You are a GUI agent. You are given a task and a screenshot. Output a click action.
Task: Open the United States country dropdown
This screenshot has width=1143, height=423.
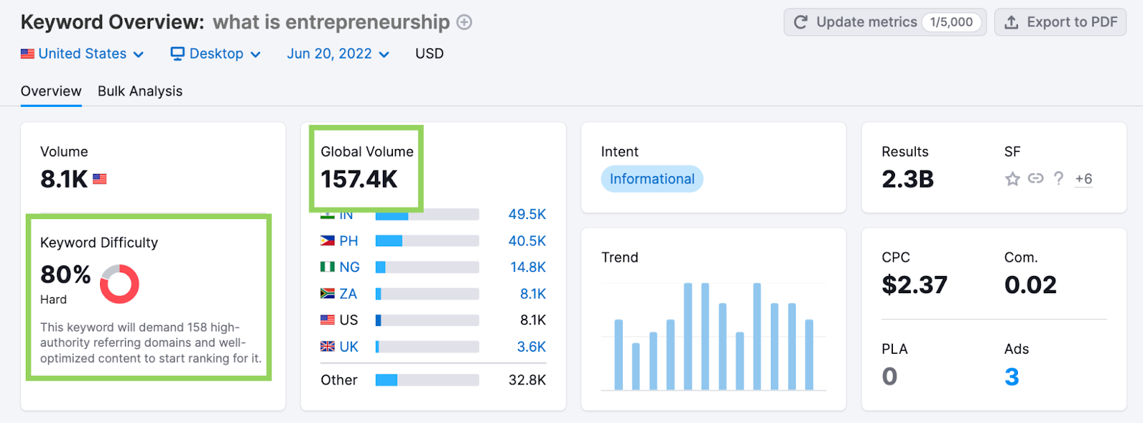point(82,53)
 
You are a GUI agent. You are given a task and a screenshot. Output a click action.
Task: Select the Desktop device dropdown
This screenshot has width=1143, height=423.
point(216,53)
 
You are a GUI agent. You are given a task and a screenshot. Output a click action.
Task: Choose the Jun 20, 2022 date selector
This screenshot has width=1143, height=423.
point(338,53)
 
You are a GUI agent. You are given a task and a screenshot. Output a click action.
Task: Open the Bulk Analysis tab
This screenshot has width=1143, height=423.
point(140,91)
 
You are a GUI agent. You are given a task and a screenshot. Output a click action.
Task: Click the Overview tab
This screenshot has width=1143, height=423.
point(51,91)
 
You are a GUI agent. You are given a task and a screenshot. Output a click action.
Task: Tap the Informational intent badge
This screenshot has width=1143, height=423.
point(652,179)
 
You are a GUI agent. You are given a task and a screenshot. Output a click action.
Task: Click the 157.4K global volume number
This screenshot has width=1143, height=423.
point(359,179)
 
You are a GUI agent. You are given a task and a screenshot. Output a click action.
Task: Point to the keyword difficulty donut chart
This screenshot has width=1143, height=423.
point(119,284)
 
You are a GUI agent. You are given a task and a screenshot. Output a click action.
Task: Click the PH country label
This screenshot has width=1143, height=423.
point(349,241)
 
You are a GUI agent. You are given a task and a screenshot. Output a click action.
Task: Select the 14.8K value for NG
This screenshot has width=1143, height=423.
point(528,267)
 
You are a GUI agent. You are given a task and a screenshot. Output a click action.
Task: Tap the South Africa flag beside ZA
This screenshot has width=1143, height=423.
point(328,294)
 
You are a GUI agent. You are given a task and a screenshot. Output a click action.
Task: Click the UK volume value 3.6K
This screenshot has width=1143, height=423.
point(531,347)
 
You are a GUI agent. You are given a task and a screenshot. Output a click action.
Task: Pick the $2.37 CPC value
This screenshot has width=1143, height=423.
point(914,285)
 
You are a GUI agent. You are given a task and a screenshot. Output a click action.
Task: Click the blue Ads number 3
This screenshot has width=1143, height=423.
point(1012,377)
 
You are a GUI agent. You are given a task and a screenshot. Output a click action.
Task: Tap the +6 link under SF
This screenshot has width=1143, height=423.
point(1084,179)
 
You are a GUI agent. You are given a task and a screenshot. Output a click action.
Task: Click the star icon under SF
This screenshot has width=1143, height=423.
point(1012,179)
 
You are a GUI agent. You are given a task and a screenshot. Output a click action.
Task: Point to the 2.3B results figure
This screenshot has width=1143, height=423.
point(907,179)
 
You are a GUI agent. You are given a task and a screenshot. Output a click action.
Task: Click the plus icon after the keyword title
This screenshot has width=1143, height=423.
point(464,22)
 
